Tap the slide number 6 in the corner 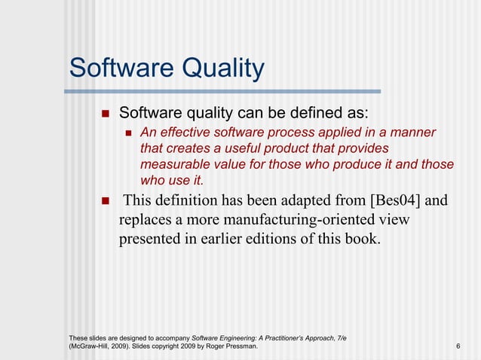458,346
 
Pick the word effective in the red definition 184,133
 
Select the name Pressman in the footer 240,346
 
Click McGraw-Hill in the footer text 91,346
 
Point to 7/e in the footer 340,336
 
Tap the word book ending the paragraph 360,239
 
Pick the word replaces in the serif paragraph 145,220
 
